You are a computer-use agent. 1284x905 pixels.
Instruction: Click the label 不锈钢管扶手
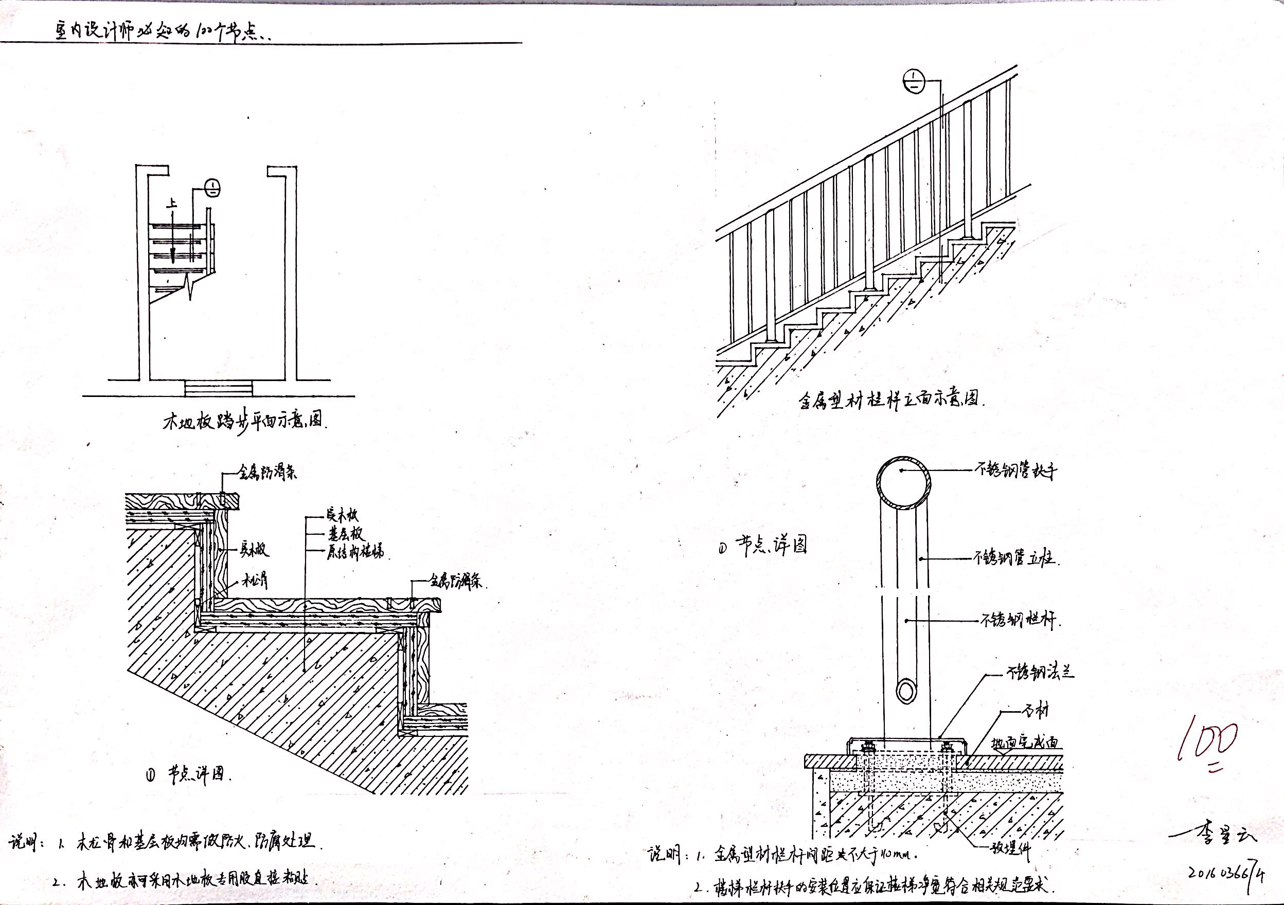coord(1015,471)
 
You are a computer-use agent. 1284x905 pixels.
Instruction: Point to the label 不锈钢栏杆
coord(1020,619)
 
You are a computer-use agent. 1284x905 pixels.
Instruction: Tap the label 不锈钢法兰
coord(1040,673)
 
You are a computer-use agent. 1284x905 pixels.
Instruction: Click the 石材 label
coord(1035,712)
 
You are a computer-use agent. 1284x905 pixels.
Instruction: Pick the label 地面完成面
coord(1025,744)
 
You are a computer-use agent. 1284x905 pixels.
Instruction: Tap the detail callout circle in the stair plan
coord(213,188)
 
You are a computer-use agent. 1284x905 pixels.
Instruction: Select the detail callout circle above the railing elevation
coord(913,82)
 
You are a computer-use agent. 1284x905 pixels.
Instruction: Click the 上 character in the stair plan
coord(172,205)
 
